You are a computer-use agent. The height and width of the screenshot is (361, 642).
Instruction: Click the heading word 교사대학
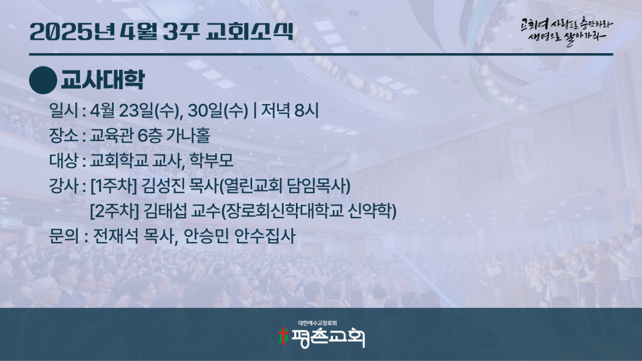[102, 80]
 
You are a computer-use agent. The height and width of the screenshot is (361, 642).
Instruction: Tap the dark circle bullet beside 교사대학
[43, 80]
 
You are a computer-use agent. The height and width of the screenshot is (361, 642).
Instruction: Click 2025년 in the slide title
[72, 31]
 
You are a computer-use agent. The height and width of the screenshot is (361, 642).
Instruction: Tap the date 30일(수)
[218, 110]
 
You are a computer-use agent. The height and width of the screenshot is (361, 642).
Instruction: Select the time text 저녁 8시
[290, 110]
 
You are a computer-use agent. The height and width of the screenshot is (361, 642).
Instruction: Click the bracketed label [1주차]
[114, 186]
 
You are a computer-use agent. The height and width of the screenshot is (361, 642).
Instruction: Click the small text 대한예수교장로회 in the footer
[317, 323]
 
